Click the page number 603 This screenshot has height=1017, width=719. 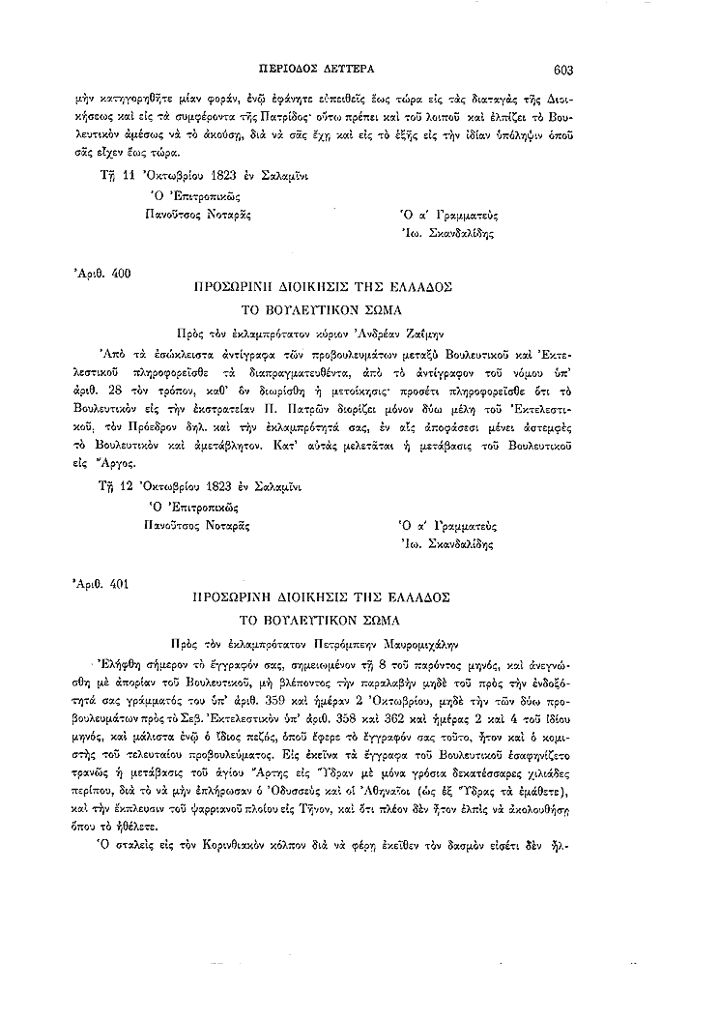coord(564,70)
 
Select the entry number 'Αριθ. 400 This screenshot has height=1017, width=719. coord(102,274)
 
